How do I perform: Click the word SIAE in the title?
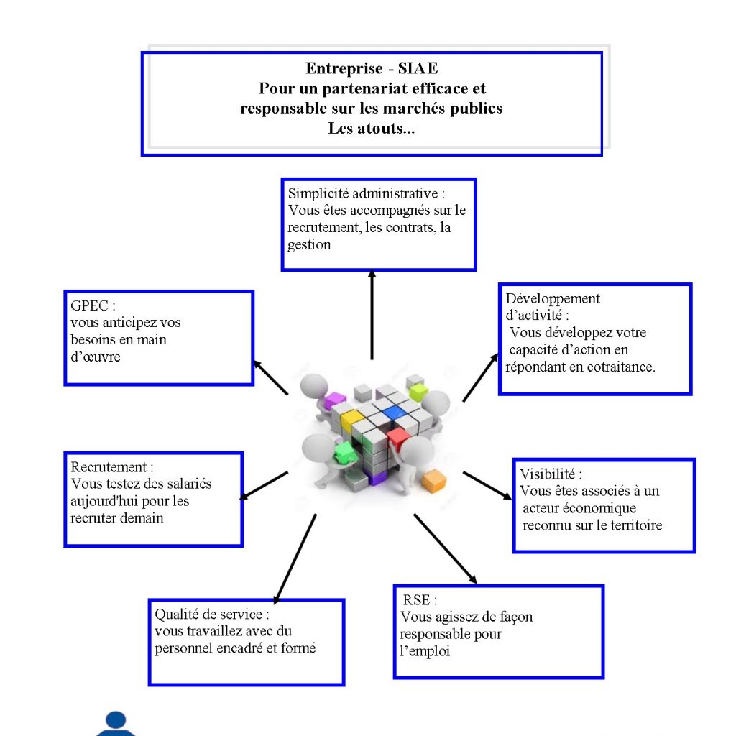pyautogui.click(x=418, y=68)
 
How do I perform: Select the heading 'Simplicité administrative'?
pyautogui.click(x=363, y=193)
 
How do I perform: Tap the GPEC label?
pyautogui.click(x=90, y=305)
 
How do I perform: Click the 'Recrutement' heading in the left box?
pyautogui.click(x=109, y=467)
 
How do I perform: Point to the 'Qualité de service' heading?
pyautogui.click(x=208, y=614)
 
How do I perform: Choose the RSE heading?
pyautogui.click(x=416, y=600)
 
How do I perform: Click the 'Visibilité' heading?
pyautogui.click(x=547, y=474)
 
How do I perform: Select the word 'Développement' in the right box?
pyautogui.click(x=553, y=299)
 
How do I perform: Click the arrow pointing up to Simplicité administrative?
pyautogui.click(x=372, y=316)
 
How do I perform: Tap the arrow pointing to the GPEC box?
pyautogui.click(x=271, y=378)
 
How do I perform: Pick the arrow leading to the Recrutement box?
pyautogui.click(x=264, y=486)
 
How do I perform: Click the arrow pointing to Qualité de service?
pyautogui.click(x=295, y=558)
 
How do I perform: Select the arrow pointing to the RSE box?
pyautogui.click(x=446, y=549)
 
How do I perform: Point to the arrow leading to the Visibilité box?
pyautogui.click(x=487, y=486)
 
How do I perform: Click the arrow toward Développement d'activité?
pyautogui.click(x=481, y=377)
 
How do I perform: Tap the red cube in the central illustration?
pyautogui.click(x=398, y=438)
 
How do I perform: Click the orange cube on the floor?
pyautogui.click(x=434, y=481)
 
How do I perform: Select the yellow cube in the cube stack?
pyautogui.click(x=351, y=420)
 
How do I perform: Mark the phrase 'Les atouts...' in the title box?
pyautogui.click(x=372, y=128)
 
